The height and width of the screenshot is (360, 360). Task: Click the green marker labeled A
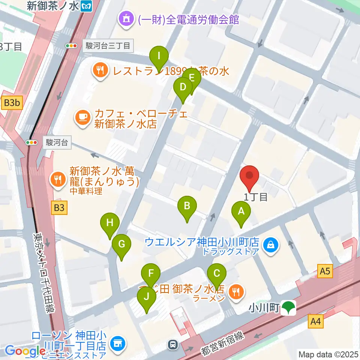click(x=241, y=212)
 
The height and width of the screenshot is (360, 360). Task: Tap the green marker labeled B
click(x=187, y=207)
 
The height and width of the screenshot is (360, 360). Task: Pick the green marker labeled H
click(x=109, y=224)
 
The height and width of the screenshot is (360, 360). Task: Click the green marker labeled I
click(x=159, y=57)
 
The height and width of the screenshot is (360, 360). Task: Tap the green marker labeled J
click(x=147, y=297)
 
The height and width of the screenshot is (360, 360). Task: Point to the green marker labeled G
click(x=121, y=245)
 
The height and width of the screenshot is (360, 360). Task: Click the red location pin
click(x=249, y=177)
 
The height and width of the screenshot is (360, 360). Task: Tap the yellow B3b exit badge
click(x=12, y=103)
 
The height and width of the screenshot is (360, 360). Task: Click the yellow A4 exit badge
click(x=316, y=321)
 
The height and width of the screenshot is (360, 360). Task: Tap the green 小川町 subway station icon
click(x=289, y=308)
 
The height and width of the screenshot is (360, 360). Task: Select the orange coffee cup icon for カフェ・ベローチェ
click(x=82, y=117)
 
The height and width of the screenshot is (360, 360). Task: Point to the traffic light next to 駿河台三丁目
click(x=71, y=46)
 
